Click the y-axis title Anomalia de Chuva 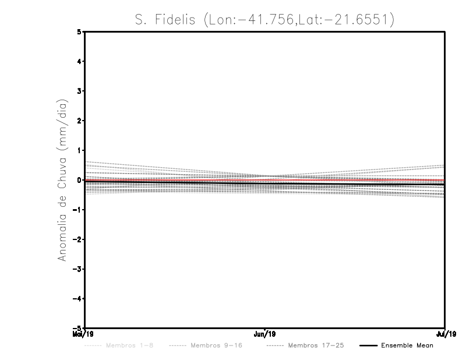coord(61,180)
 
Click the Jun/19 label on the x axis coord(265,334)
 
